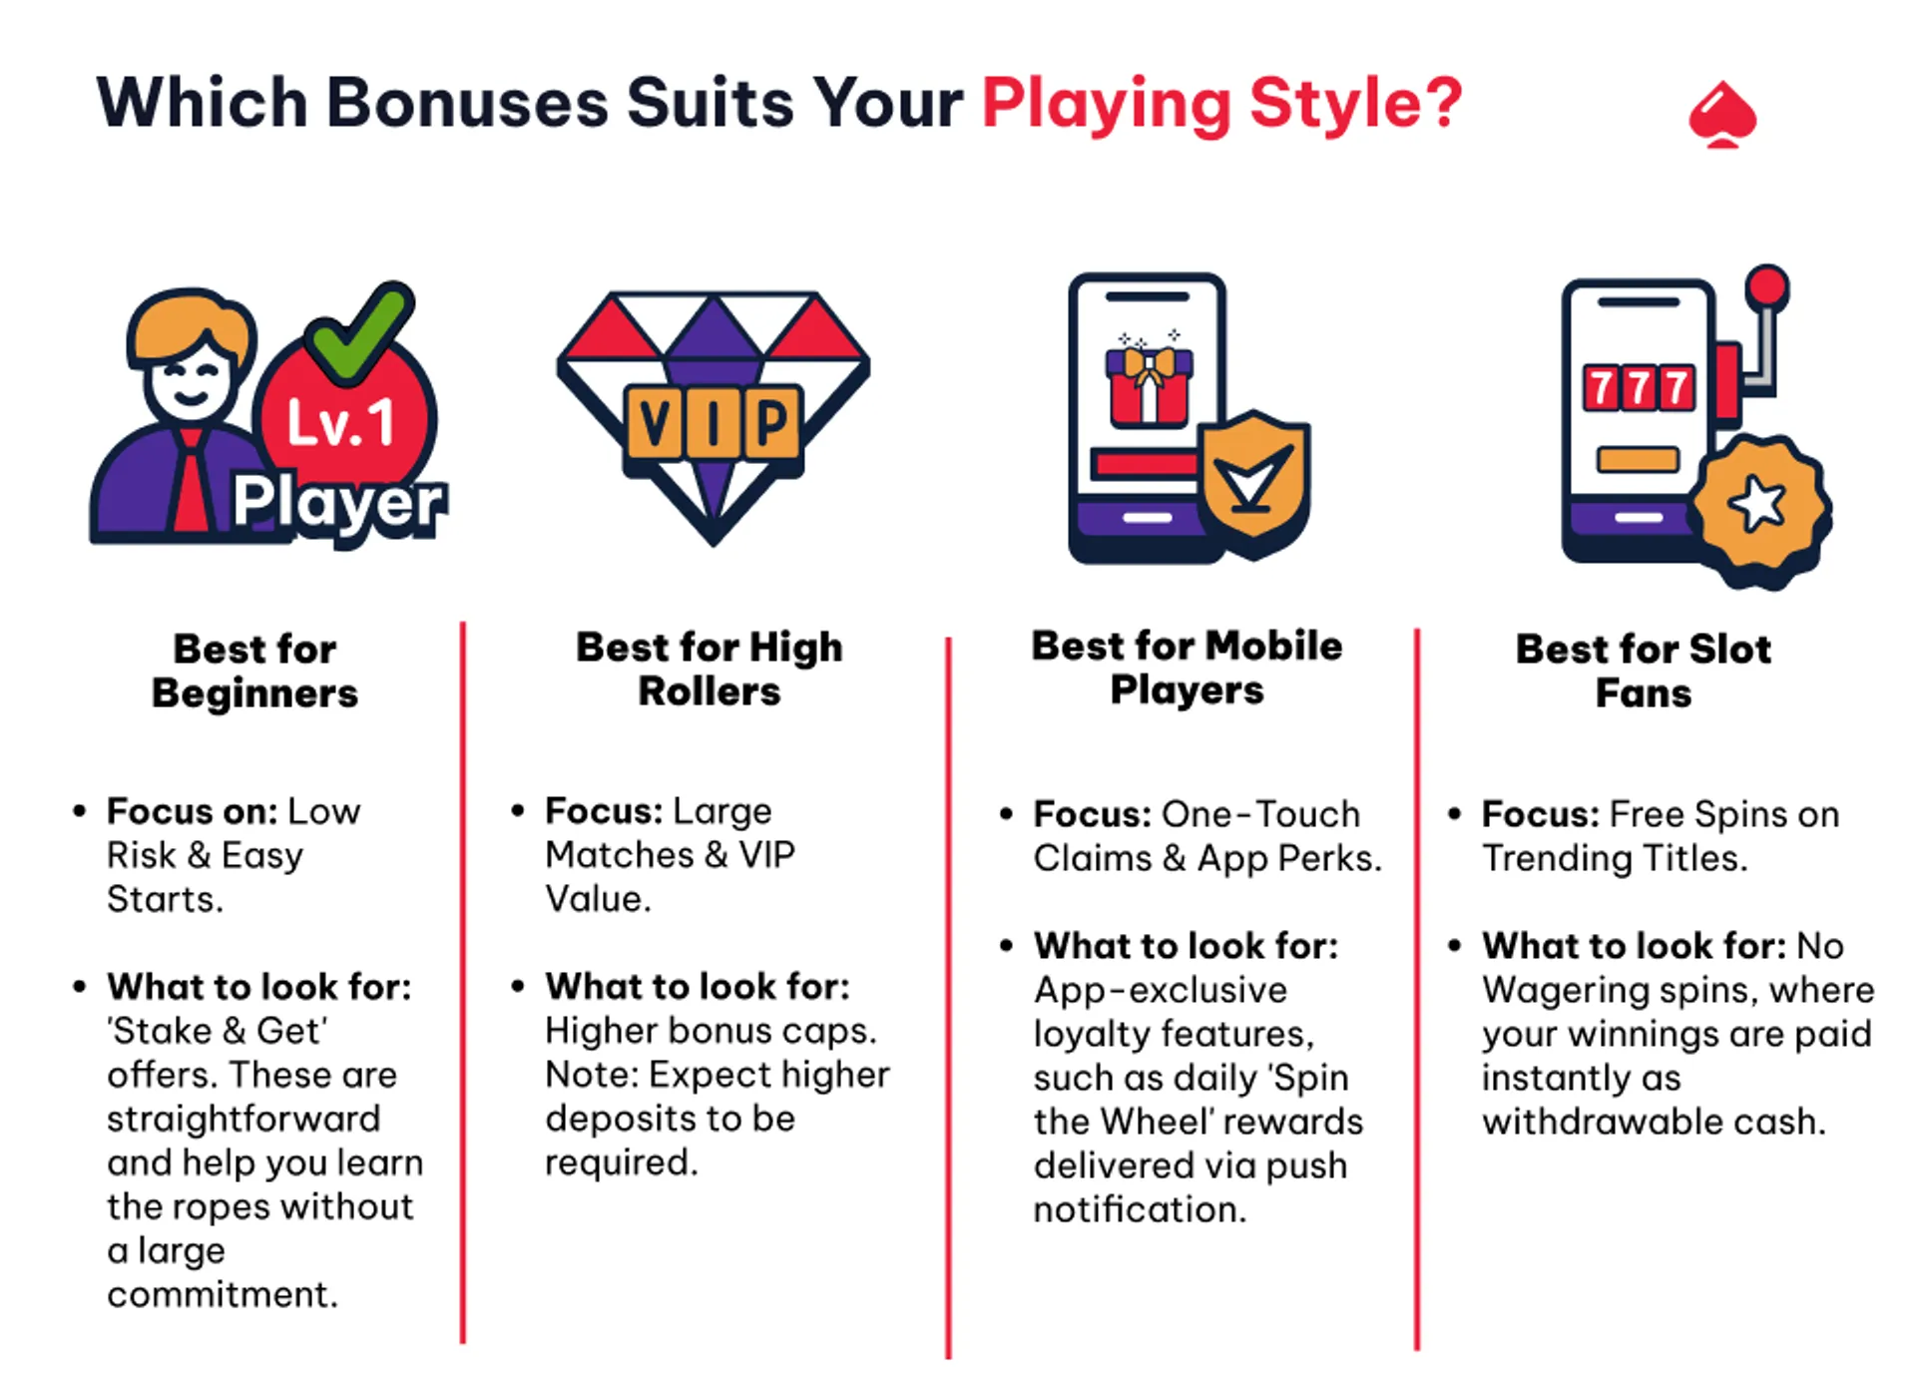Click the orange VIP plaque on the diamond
(713, 423)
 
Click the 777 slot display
(1639, 388)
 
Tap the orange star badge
(1758, 505)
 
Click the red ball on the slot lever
(1767, 286)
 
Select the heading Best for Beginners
(254, 671)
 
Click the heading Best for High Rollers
(710, 669)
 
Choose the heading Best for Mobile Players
(1187, 668)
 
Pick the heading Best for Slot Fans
(1644, 671)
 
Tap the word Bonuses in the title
(467, 104)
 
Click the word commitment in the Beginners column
(222, 1294)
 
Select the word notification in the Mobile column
(1140, 1209)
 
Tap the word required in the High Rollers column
(620, 1162)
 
